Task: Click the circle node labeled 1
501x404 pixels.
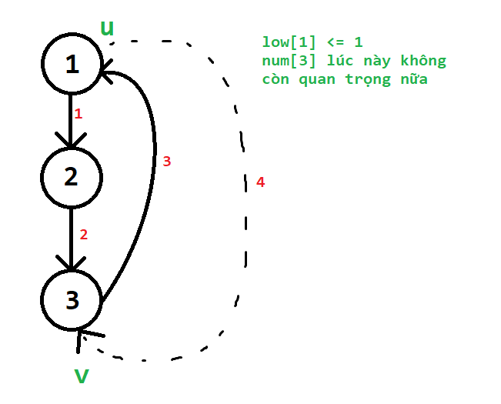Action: click(x=72, y=64)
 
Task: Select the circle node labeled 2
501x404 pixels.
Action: click(x=72, y=178)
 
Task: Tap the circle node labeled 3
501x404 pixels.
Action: click(x=72, y=300)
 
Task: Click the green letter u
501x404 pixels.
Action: click(x=107, y=28)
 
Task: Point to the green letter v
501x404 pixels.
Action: click(x=82, y=376)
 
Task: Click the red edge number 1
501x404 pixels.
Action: click(x=78, y=114)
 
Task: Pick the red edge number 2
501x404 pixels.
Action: click(x=84, y=235)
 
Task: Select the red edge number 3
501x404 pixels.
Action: click(x=167, y=162)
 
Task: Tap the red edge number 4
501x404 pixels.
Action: click(x=260, y=182)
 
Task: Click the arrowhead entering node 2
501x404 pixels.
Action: click(x=71, y=141)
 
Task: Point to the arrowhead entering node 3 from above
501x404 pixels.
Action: click(x=71, y=263)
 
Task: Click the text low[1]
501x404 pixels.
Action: click(x=289, y=42)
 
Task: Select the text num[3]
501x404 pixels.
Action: click(x=289, y=61)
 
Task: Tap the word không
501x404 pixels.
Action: click(x=423, y=61)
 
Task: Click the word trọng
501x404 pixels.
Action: click(x=368, y=80)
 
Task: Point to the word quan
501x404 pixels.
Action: click(x=317, y=80)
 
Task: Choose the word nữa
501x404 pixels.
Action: click(x=414, y=78)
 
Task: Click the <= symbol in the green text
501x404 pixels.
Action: click(x=336, y=42)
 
